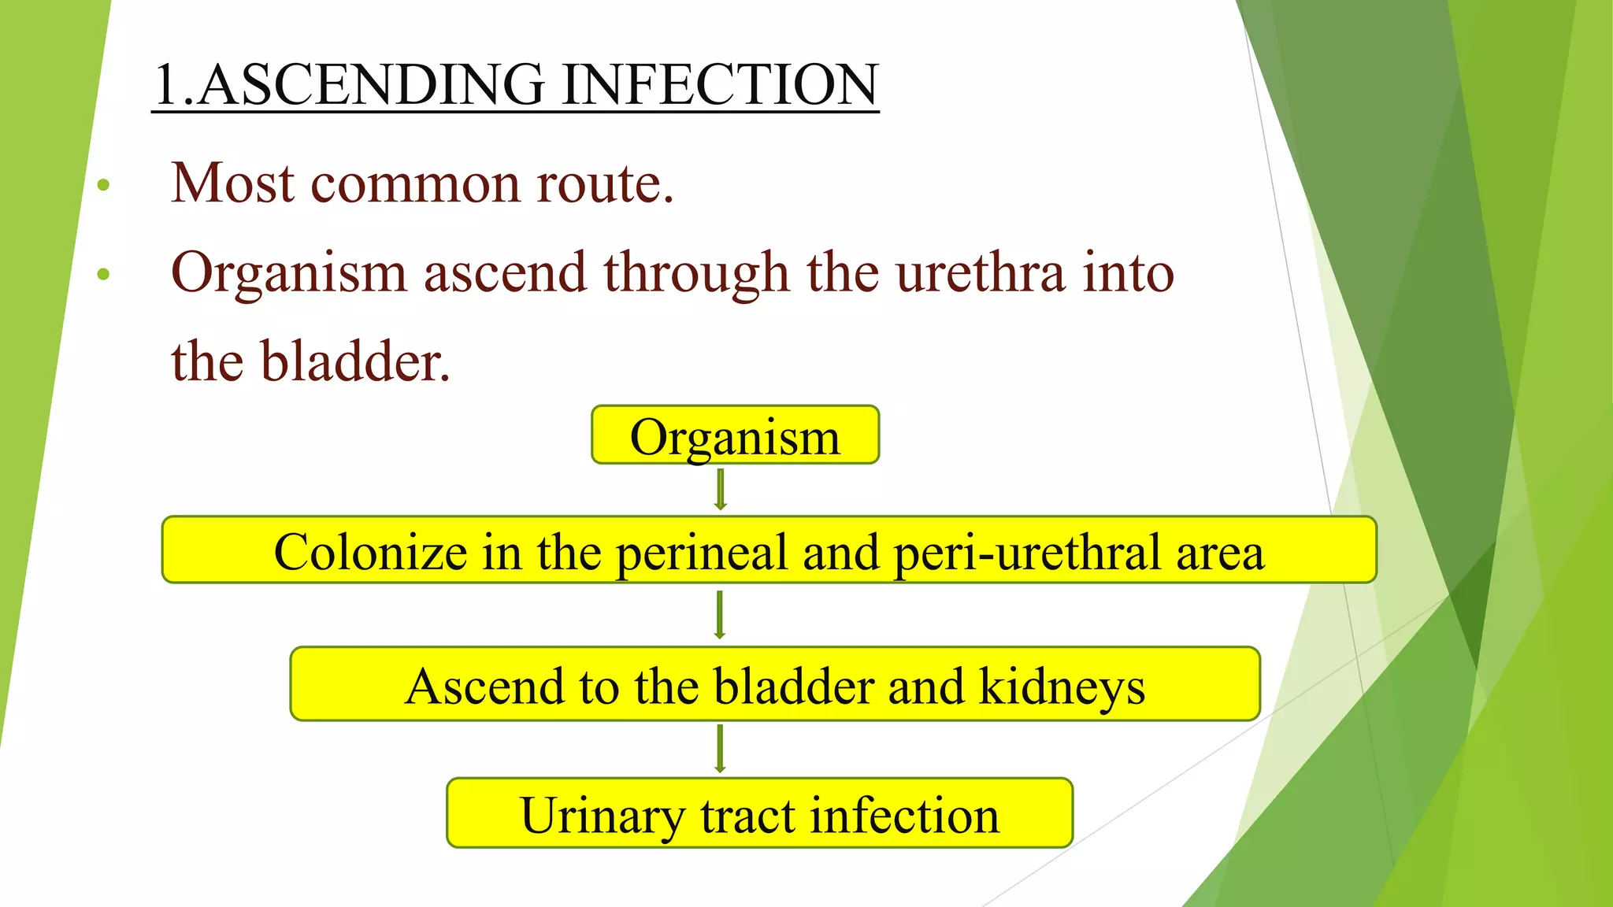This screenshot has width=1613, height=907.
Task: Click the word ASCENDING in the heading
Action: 370,84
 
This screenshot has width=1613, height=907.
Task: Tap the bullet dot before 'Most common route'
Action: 102,186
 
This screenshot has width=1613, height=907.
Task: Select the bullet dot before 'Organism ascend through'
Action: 102,275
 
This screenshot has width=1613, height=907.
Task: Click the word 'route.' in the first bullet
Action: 605,183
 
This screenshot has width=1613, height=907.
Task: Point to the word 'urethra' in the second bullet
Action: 980,272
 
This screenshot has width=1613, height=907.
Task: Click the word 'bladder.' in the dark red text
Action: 355,361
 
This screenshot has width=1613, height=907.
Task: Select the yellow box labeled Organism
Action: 735,435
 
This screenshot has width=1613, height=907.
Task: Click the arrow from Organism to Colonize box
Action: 720,490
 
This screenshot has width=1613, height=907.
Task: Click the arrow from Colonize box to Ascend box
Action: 719,615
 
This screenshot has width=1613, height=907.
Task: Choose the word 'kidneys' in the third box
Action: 1062,686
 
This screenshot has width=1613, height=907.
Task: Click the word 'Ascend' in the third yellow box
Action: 485,686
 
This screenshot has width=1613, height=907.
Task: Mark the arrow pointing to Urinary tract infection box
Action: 720,749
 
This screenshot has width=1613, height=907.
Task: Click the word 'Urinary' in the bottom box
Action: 603,815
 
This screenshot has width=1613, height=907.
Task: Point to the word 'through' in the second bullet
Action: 696,272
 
